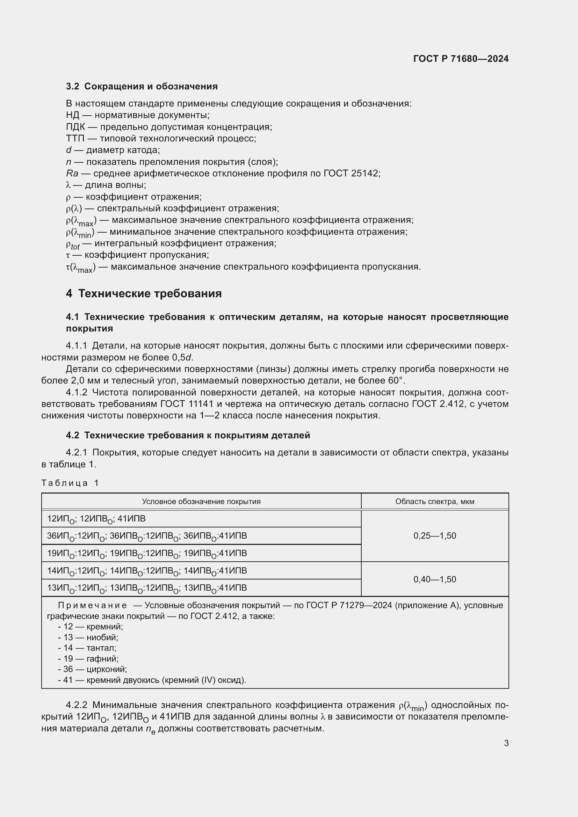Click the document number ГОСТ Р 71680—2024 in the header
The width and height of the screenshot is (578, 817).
pyautogui.click(x=461, y=59)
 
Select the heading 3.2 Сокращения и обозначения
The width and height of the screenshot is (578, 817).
pyautogui.click(x=142, y=87)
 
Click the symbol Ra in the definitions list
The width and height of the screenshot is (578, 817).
pyautogui.click(x=72, y=174)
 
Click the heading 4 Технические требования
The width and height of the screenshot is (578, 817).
pyautogui.click(x=144, y=293)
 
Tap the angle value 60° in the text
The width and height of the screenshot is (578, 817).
pyautogui.click(x=396, y=381)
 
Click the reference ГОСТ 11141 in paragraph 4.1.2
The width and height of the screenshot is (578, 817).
pyautogui.click(x=187, y=404)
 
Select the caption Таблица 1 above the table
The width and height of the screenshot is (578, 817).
pyautogui.click(x=70, y=483)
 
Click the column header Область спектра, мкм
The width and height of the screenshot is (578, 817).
pyautogui.click(x=435, y=502)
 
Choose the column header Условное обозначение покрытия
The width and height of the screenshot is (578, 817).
pyautogui.click(x=201, y=502)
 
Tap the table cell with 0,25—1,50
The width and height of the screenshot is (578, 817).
pyautogui.click(x=435, y=536)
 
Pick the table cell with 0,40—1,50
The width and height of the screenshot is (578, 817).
pyautogui.click(x=435, y=579)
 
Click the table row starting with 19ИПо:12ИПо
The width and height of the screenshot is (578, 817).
pyautogui.click(x=147, y=553)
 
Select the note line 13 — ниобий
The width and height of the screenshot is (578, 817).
pyautogui.click(x=88, y=637)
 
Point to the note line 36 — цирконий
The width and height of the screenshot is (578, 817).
pyautogui.click(x=92, y=669)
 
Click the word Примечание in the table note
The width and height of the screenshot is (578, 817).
pyautogui.click(x=92, y=605)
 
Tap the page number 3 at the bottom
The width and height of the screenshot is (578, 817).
pyautogui.click(x=506, y=743)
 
